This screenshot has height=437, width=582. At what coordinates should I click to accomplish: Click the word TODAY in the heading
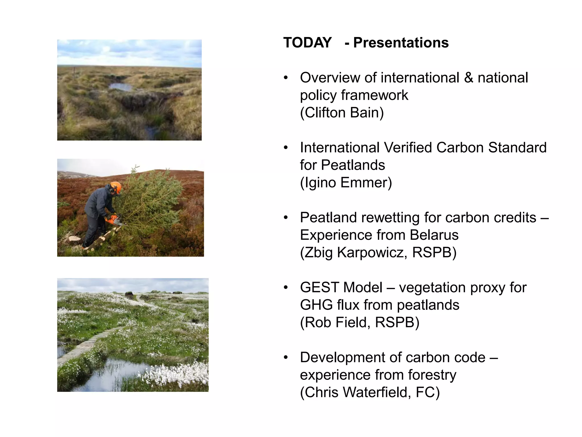pos(307,43)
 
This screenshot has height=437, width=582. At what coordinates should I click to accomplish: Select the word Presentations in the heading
pos(401,43)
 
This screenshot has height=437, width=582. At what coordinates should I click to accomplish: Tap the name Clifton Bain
pos(342,113)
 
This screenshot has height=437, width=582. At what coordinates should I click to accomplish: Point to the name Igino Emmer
pos(346,183)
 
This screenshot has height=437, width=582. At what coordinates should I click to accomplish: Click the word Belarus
pos(434,235)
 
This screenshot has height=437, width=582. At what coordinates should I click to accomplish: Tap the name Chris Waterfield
pos(358,393)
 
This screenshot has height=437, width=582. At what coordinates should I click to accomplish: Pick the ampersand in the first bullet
pos(468,78)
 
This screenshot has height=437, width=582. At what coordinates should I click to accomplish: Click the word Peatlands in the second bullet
pos(353,165)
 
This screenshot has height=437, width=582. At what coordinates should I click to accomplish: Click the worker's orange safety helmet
pos(117,187)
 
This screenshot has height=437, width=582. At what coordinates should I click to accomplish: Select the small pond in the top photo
pos(121,86)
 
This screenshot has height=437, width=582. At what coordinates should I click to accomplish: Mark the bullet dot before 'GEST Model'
pos(286,288)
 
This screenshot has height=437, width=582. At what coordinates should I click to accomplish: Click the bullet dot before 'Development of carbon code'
pos(286,358)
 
